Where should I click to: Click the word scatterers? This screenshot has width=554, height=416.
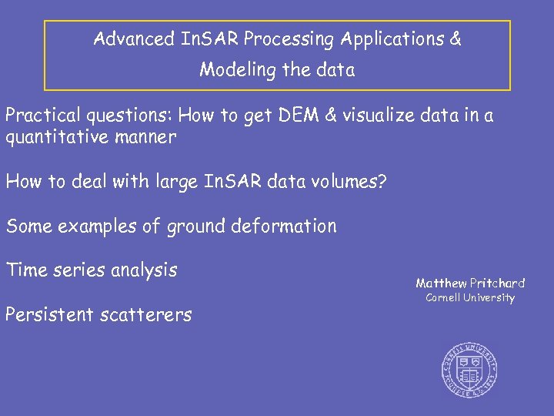click(147, 314)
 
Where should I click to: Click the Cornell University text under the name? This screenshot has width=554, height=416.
click(470, 298)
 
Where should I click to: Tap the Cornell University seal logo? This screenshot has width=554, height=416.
click(469, 368)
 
